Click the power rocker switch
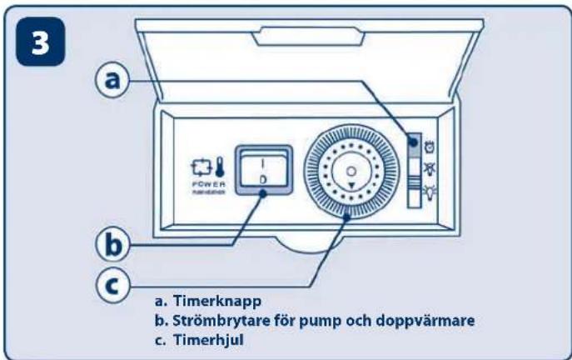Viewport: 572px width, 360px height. coord(262,170)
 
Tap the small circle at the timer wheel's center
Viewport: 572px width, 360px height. coord(350,171)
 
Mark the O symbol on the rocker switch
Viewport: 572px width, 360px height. coord(262,178)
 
